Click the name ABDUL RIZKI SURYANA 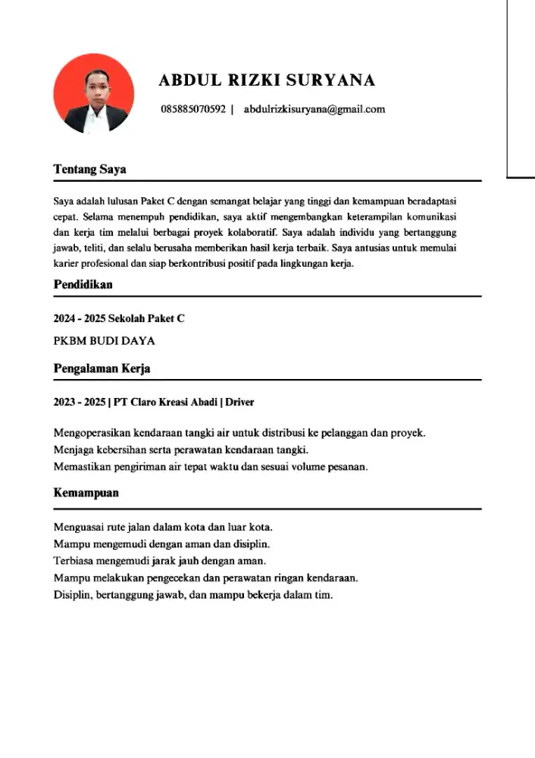coord(267,80)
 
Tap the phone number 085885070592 coord(193,109)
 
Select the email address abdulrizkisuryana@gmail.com coord(314,109)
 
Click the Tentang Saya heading coord(89,169)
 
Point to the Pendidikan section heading coord(83,284)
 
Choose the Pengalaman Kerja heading coord(102,368)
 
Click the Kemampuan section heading coord(86,493)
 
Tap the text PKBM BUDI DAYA coord(105,341)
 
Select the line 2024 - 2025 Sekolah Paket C coord(119,318)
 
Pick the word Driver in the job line coord(239,402)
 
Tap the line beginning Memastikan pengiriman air coord(211,467)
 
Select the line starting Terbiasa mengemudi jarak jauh coord(160,561)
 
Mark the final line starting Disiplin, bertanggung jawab coord(193,595)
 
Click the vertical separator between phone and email coord(232,109)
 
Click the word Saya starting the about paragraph coord(64,202)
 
